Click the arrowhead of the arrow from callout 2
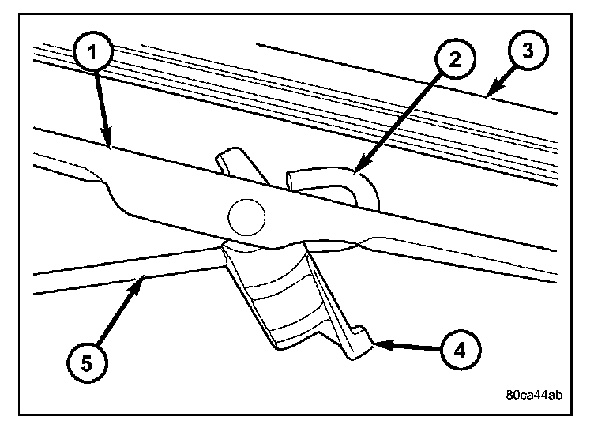coord(357,169)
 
